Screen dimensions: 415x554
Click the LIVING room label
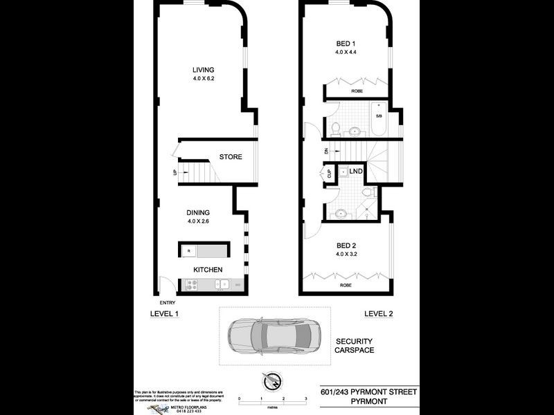204,70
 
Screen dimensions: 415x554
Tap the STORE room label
231,157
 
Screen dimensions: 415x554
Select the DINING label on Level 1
198,212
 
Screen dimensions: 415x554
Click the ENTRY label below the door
168,302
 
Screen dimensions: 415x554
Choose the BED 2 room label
346,244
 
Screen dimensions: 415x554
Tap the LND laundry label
357,170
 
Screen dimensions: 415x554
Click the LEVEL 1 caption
165,314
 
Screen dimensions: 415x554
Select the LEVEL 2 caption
379,314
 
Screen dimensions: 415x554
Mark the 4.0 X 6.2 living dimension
204,79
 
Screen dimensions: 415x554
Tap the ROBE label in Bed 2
346,284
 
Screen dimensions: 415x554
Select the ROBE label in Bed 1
357,90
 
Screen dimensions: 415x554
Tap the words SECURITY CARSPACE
355,346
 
